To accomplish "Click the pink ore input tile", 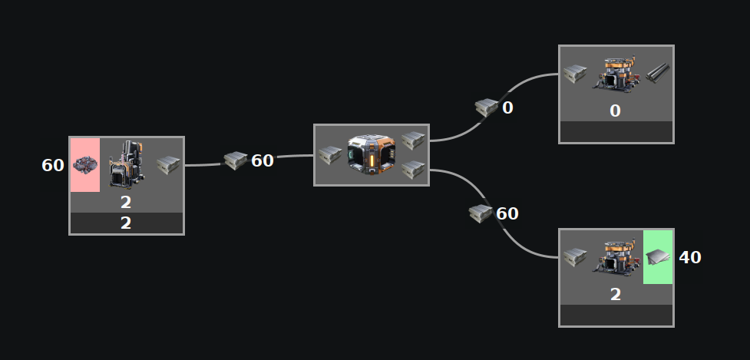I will (x=84, y=164).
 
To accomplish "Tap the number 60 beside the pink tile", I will (x=53, y=165).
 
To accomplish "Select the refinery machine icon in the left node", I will (x=126, y=163).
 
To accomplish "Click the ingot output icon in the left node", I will (x=168, y=163).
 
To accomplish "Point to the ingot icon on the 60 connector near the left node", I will (x=235, y=160).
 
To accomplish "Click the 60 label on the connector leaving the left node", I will (x=263, y=160).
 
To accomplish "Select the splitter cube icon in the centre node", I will (x=371, y=154).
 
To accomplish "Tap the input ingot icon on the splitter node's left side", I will (x=330, y=155).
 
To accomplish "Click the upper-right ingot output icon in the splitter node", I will (x=413, y=140).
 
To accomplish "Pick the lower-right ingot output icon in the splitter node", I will (x=413, y=170).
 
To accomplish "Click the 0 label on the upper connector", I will (x=507, y=107).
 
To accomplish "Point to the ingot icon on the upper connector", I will (x=487, y=107).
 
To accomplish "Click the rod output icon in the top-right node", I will (x=658, y=74).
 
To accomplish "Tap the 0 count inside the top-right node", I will (x=615, y=111).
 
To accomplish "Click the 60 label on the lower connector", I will (x=507, y=213).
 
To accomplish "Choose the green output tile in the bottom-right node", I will (x=658, y=256).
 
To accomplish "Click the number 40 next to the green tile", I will (x=690, y=257).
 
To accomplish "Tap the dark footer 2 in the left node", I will (x=126, y=223).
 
